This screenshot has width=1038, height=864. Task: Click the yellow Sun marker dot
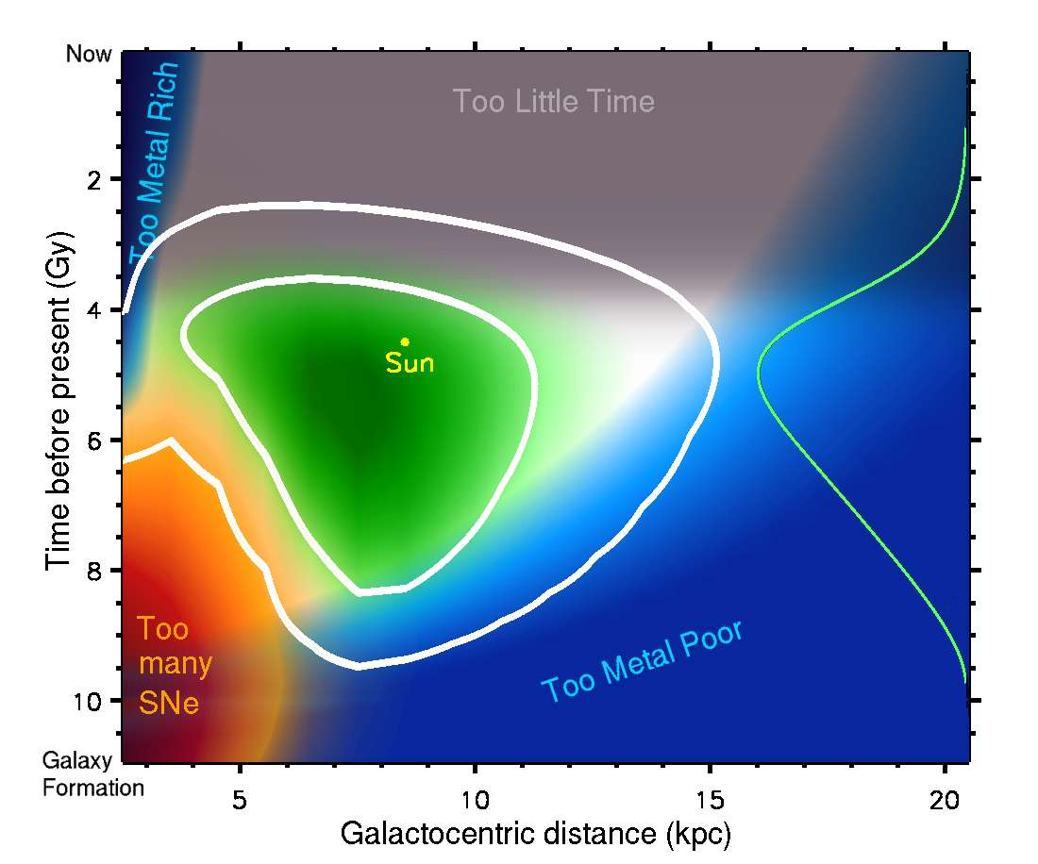coord(405,341)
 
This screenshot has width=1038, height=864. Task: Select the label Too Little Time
coord(553,101)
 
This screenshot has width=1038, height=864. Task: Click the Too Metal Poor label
coord(643,660)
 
